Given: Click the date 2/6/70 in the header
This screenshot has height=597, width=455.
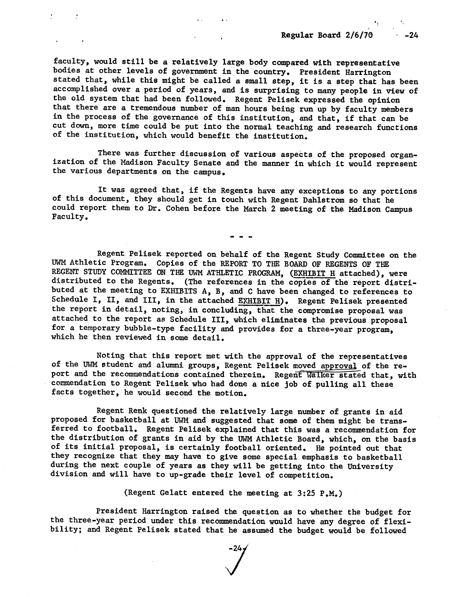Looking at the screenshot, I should coord(357,35).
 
